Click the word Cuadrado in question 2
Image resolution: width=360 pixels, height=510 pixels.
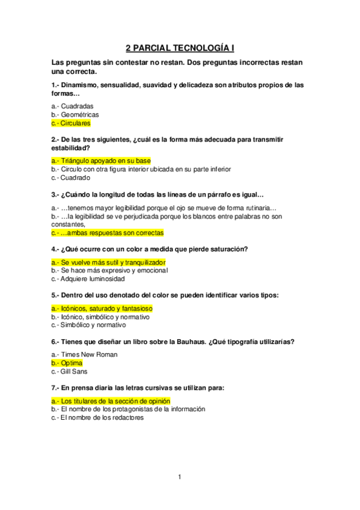[x=75, y=177]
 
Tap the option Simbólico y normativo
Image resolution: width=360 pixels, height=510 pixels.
[x=93, y=325]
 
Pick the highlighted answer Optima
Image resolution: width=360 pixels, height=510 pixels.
[x=72, y=363]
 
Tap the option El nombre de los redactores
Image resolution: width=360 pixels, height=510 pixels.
[x=102, y=417]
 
